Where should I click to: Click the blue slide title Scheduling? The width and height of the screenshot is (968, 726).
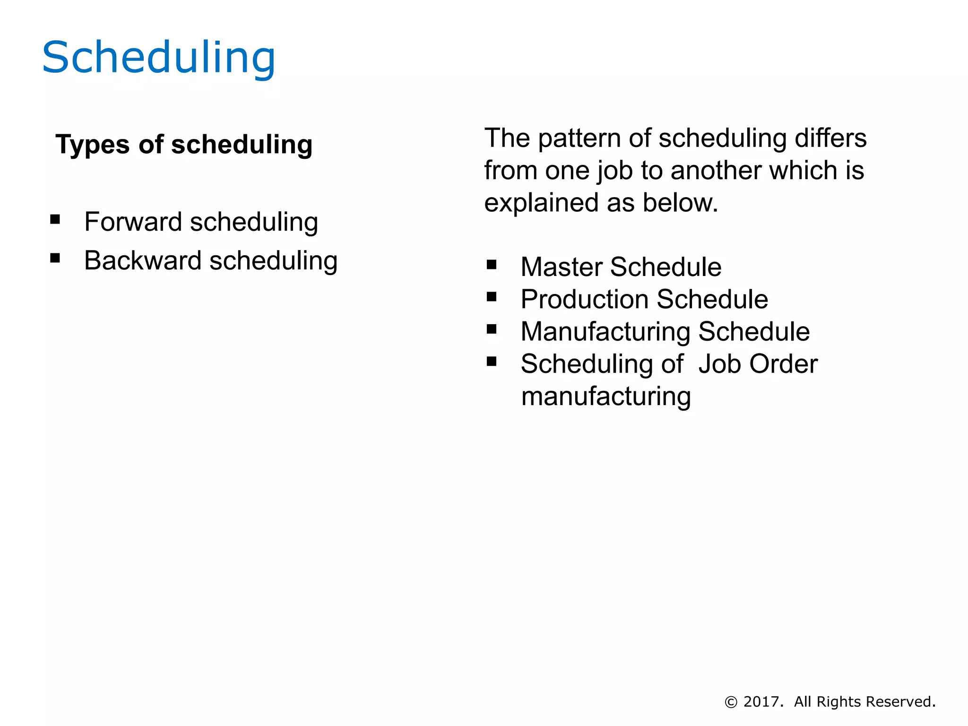158,58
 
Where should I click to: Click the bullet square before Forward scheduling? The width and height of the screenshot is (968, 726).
55,219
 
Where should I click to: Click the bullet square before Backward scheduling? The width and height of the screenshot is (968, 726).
55,258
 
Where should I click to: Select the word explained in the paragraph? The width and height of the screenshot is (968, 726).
541,203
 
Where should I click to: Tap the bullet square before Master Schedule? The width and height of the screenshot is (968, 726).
492,265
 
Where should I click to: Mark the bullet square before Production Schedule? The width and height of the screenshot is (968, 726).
492,297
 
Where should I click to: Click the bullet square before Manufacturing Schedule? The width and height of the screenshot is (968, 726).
492,329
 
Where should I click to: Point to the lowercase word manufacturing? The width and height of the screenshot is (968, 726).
606,397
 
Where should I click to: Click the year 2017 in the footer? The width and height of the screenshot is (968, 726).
761,702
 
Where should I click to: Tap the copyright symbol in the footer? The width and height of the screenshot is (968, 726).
731,702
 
